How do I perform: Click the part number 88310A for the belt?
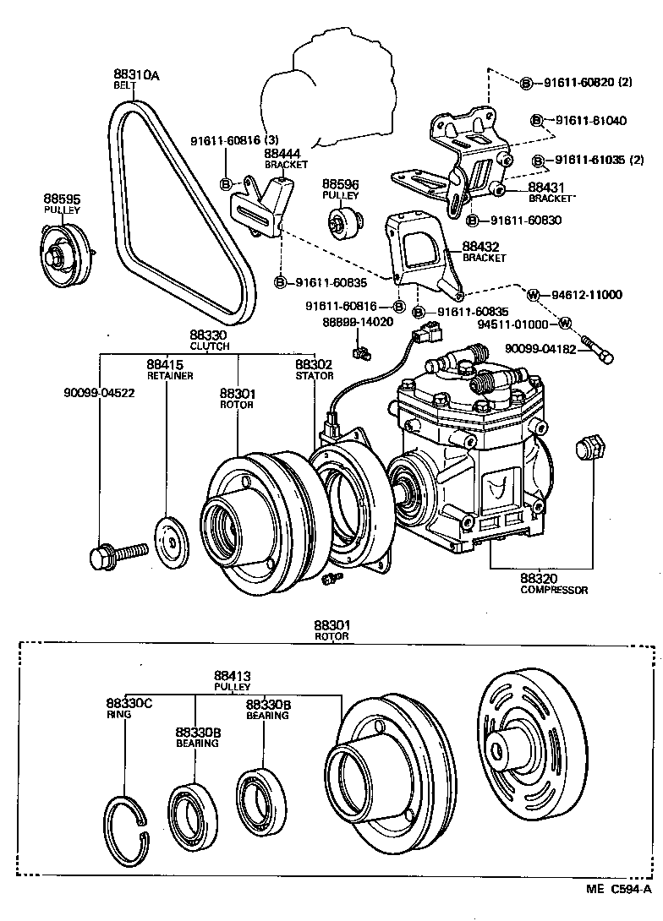coord(137,74)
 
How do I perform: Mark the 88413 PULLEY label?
coord(232,676)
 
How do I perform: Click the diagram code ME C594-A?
coord(619,913)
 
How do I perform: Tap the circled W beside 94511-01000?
coord(565,324)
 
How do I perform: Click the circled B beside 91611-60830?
coord(474,220)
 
